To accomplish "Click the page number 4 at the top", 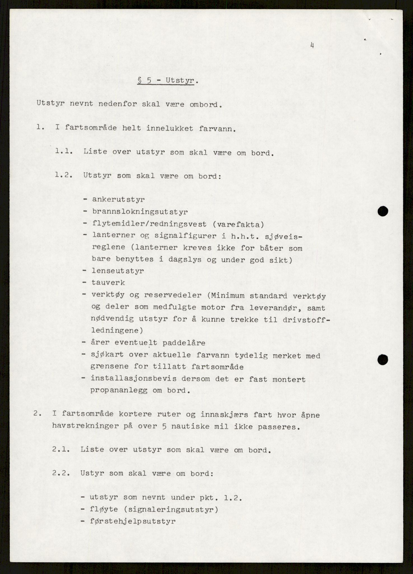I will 312,46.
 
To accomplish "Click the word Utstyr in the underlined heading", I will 179,80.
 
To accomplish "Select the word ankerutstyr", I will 118,200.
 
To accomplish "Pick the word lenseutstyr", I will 118,271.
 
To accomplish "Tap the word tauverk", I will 108,283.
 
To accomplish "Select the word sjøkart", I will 107,355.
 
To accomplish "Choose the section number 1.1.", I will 64,152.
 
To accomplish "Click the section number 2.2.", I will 61,473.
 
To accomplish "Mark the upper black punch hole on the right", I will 383,211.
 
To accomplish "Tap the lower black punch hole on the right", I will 383,359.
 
